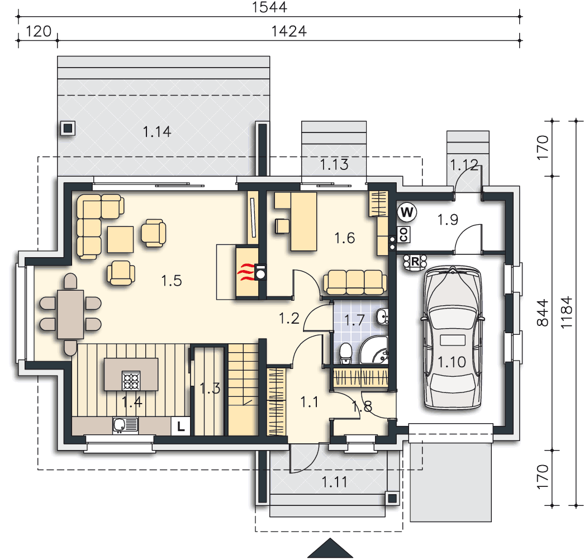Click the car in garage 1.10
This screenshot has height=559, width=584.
(452, 337)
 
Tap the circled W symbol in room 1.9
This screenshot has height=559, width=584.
(407, 212)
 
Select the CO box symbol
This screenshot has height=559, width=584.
(403, 235)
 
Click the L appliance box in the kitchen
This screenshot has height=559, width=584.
(181, 426)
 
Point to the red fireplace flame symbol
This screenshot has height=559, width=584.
(246, 273)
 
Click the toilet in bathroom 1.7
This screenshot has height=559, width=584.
(345, 353)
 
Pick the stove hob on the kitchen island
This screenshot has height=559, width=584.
(131, 381)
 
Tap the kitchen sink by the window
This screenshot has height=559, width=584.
(126, 425)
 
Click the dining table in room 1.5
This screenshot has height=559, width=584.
(70, 314)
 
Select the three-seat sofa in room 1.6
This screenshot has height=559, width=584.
(355, 282)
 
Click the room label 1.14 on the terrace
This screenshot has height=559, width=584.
(157, 131)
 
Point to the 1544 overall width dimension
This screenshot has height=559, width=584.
(269, 7)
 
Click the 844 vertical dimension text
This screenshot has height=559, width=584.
(543, 312)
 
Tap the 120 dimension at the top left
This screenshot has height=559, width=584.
(39, 31)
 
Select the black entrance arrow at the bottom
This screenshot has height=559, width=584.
(330, 548)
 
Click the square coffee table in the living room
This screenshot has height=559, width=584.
(120, 239)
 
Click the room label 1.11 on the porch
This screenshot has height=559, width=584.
(334, 482)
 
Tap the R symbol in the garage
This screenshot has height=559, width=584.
(415, 262)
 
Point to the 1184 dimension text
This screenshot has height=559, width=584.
(566, 312)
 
